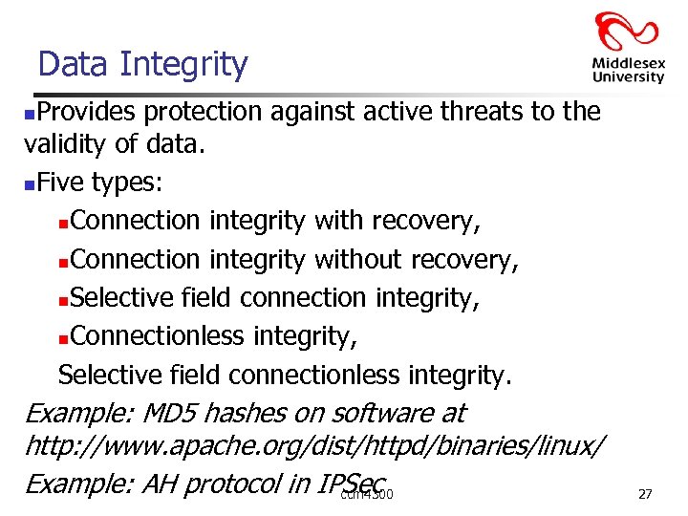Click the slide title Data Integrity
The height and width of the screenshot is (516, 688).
tap(142, 64)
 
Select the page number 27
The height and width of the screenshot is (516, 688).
tap(645, 494)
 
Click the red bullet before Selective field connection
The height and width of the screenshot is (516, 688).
tap(63, 300)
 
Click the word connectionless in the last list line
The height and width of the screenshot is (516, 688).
tap(325, 375)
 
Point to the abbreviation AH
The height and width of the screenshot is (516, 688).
tap(157, 484)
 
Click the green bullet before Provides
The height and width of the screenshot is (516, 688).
tap(30, 115)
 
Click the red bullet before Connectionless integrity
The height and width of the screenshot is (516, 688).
tap(63, 338)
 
